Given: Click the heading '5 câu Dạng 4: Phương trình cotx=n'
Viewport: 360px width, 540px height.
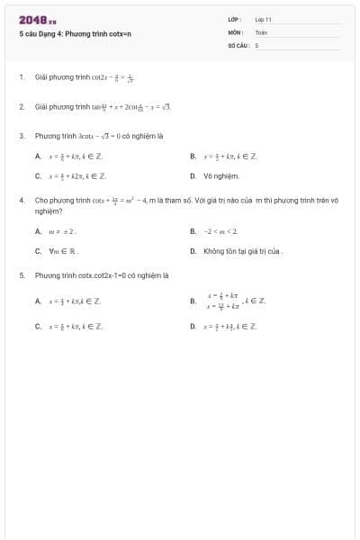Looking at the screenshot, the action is coord(75,33).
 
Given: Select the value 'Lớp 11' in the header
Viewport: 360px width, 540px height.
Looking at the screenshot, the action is coord(263,19).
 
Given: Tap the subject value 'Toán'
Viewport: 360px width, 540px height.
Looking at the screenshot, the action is coord(261,31).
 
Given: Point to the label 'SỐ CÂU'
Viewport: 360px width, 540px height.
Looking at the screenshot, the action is coord(238,44).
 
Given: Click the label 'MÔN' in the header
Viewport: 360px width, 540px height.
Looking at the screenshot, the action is coord(235,31).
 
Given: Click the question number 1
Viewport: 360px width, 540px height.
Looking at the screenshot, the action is coord(21,78).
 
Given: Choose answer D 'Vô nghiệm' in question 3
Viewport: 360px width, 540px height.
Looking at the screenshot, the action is coord(220,176).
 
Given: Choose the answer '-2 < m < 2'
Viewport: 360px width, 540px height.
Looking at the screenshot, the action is coord(220,231).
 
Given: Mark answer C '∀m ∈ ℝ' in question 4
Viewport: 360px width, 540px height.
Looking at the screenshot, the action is coord(64,251).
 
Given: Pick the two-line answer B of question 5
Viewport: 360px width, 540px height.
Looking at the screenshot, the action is coord(229,301).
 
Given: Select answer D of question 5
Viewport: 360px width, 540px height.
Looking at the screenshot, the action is coord(229,326).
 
